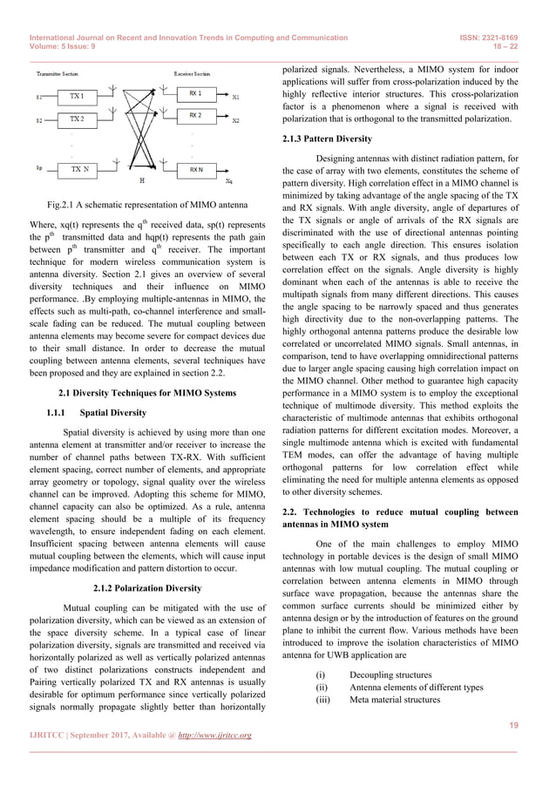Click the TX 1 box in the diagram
tap(78, 96)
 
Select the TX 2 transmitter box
tap(78, 119)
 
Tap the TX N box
tap(79, 168)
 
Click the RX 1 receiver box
tap(195, 93)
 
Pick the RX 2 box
tap(195, 116)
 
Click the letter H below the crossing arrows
tap(142, 182)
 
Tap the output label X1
tap(236, 97)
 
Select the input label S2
tap(39, 120)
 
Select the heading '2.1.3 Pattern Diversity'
tap(327, 139)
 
